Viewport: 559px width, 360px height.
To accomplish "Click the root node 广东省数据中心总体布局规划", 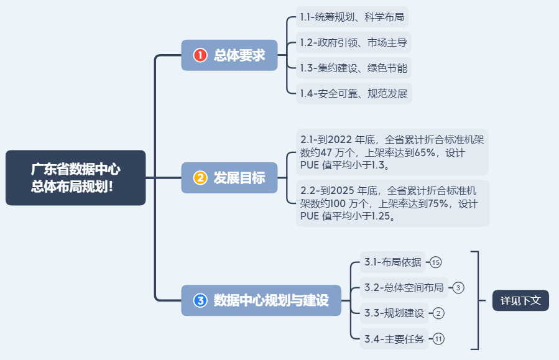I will [75, 178].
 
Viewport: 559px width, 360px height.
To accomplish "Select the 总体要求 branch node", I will [229, 55].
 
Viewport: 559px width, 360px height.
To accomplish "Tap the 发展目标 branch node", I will [229, 178].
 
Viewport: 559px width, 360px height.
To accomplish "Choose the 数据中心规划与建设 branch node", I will [261, 300].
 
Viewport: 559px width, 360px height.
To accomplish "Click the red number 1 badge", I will [200, 55].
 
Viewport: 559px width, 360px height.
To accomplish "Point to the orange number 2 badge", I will [200, 178].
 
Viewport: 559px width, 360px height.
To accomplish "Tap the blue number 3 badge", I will [200, 300].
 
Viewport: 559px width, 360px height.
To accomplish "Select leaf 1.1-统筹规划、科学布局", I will [352, 17].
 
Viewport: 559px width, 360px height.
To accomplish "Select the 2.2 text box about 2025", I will [392, 203].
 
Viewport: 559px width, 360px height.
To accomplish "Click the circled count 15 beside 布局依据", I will [436, 262].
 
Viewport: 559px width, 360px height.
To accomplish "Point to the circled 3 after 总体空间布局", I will [458, 287].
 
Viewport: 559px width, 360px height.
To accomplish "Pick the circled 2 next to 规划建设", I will [438, 313].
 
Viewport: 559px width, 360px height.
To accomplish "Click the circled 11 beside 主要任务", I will [439, 339].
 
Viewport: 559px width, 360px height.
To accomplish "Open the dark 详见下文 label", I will [520, 300].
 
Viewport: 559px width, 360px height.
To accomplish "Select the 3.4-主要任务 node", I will [394, 339].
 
